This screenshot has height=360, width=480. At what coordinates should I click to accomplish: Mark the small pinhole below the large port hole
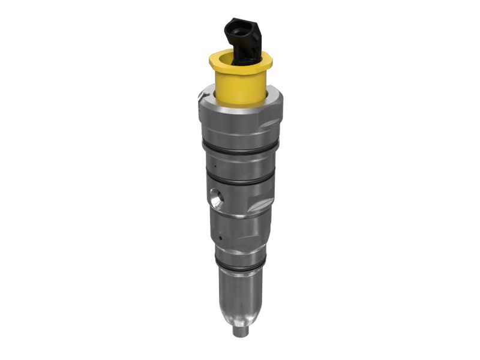point(221,238)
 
